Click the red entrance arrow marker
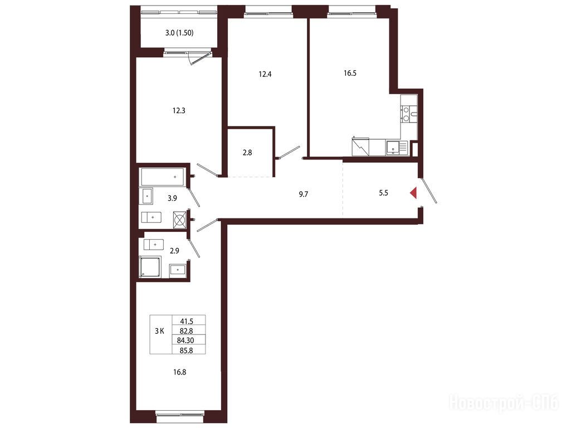pyautogui.click(x=414, y=193)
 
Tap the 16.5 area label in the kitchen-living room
pyautogui.click(x=350, y=73)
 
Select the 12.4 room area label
pyautogui.click(x=265, y=74)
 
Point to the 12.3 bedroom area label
pyautogui.click(x=179, y=110)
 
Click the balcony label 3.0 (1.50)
pyautogui.click(x=179, y=33)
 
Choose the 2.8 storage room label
pyautogui.click(x=247, y=153)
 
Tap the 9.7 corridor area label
pyautogui.click(x=304, y=194)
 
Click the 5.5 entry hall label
pyautogui.click(x=383, y=193)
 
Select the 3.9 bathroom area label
pyautogui.click(x=172, y=198)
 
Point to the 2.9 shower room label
pyautogui.click(x=174, y=250)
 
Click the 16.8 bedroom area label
pyautogui.click(x=180, y=372)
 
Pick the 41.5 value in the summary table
pyautogui.click(x=187, y=321)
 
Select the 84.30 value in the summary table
pyautogui.click(x=186, y=341)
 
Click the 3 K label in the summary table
pyautogui.click(x=159, y=330)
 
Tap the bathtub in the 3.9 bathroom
pyautogui.click(x=163, y=177)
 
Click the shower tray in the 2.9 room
pyautogui.click(x=150, y=266)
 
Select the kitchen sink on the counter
pyautogui.click(x=393, y=148)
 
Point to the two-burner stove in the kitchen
pyautogui.click(x=409, y=114)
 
